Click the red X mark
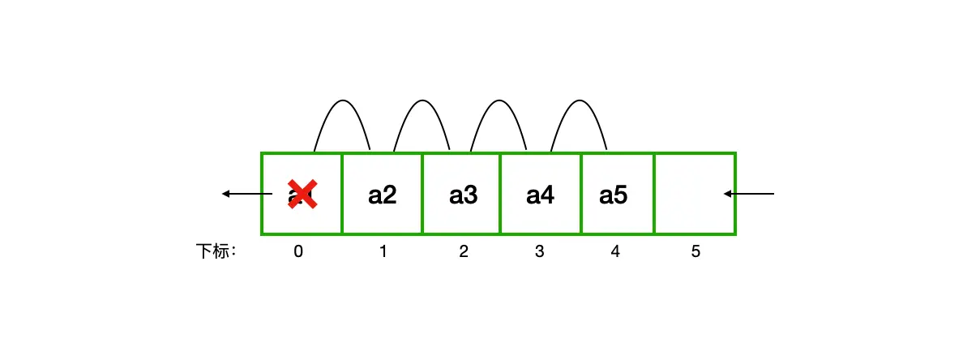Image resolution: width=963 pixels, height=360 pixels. (x=302, y=195)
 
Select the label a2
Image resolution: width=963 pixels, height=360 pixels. (x=383, y=195)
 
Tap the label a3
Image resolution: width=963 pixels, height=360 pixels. (x=463, y=195)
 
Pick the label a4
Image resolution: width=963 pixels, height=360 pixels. (x=540, y=195)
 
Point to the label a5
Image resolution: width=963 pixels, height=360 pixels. (x=613, y=195)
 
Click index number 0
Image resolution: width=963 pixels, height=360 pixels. (x=298, y=252)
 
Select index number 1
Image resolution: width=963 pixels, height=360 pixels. (x=383, y=252)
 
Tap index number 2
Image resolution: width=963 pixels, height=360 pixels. (x=463, y=252)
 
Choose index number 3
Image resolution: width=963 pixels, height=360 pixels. (x=540, y=252)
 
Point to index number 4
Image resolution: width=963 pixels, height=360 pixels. (x=615, y=252)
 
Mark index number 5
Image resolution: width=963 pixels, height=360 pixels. (x=695, y=252)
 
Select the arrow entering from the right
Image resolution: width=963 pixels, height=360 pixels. (x=749, y=194)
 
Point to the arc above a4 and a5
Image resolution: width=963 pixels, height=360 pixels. (x=579, y=101)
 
